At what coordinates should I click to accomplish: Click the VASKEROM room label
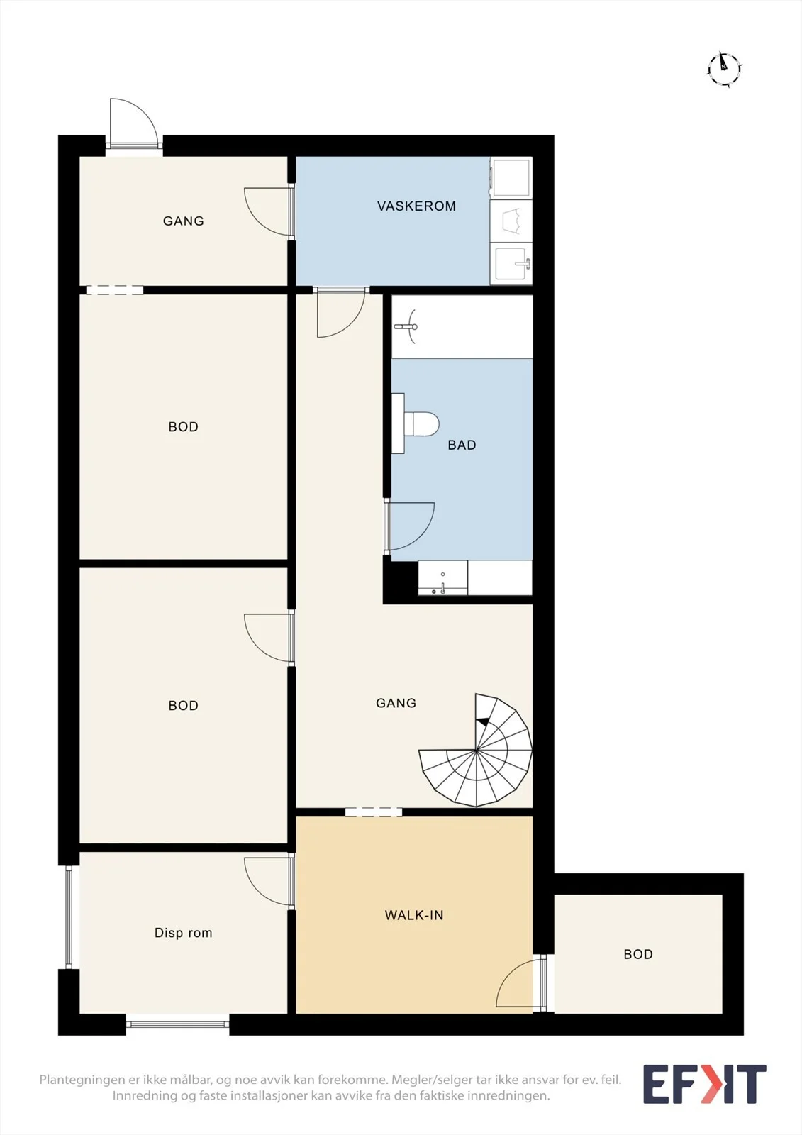point(416,206)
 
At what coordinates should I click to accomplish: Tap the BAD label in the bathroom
point(462,445)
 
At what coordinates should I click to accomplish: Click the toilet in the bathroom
point(421,423)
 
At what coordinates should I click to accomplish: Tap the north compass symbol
point(725,68)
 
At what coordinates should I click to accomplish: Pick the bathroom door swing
point(409,526)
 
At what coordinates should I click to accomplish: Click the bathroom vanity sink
point(442,577)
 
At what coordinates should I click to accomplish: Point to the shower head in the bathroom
point(407,327)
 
